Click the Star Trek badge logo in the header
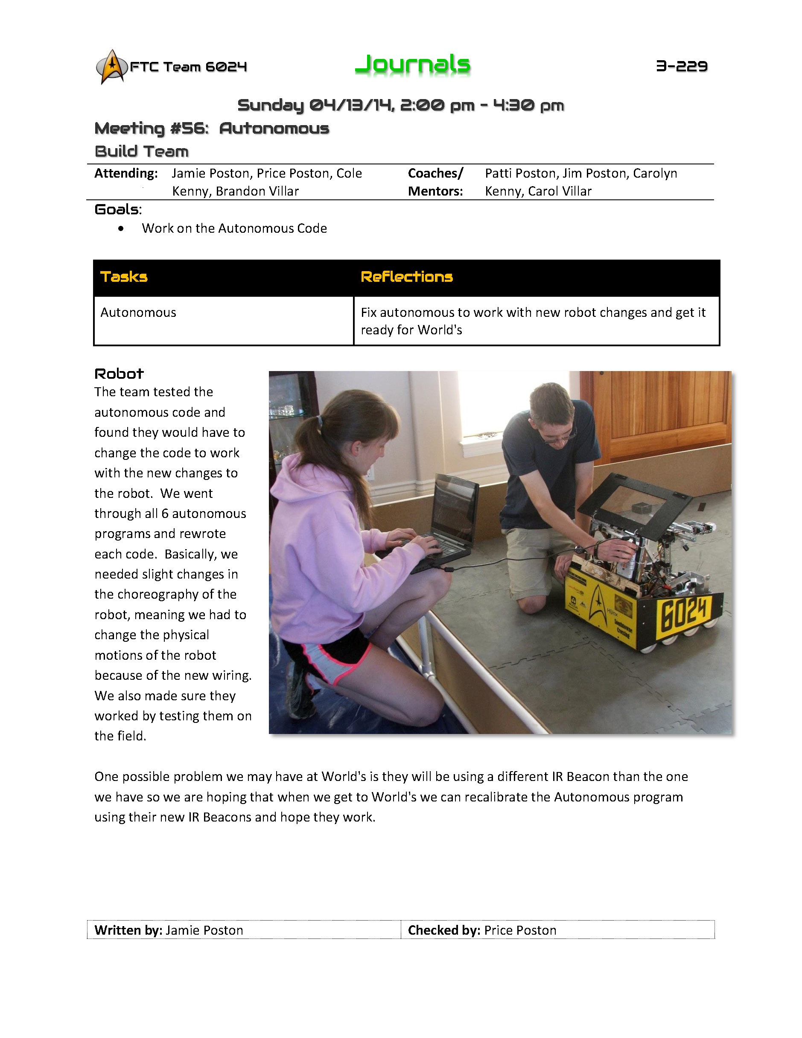[x=112, y=67]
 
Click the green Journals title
[x=412, y=64]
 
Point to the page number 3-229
[x=682, y=66]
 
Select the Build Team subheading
[x=142, y=152]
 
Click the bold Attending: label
[x=126, y=173]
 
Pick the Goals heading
[x=117, y=210]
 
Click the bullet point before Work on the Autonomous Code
[x=121, y=228]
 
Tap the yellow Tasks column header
[x=124, y=277]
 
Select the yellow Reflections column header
[x=407, y=277]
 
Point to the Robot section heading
[x=119, y=374]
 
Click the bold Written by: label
[x=128, y=930]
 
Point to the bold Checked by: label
[x=444, y=930]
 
